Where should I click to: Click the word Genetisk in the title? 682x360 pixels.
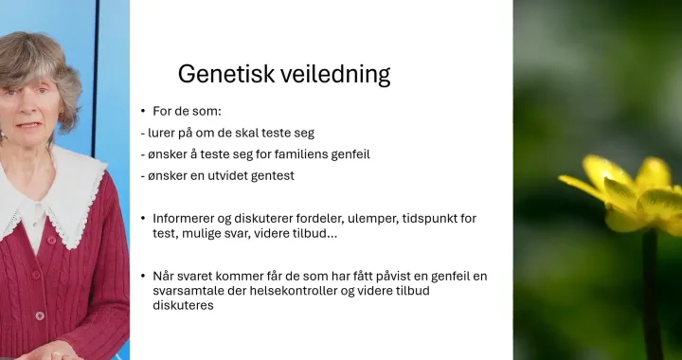[x=226, y=74]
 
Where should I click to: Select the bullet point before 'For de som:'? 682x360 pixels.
[x=143, y=111]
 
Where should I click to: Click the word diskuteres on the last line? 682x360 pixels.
[x=183, y=305]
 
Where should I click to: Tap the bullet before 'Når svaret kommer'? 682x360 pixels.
[x=143, y=276]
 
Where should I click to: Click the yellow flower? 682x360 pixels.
[x=626, y=193]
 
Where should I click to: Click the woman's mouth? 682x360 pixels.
[x=28, y=125]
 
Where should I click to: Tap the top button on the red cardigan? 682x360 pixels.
[x=51, y=240]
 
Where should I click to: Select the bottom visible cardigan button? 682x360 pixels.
[x=40, y=316]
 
